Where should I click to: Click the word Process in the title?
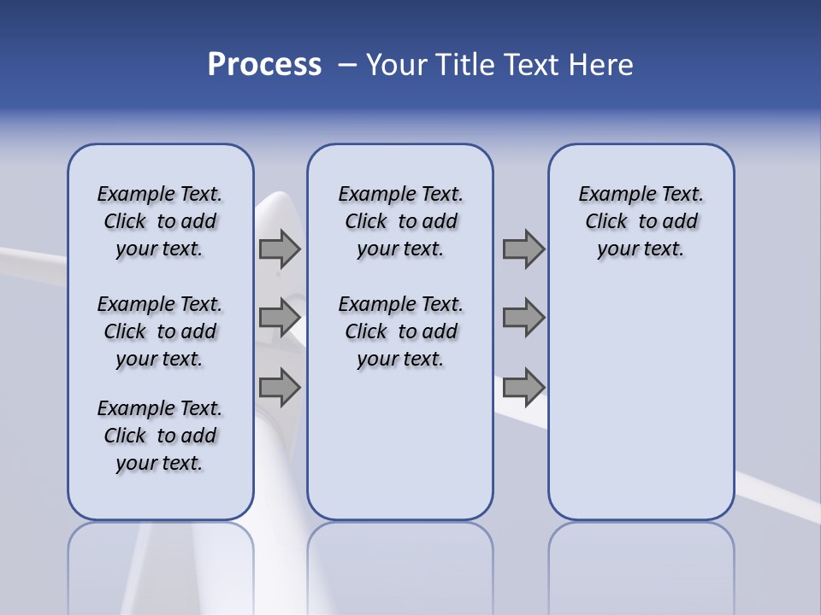[264, 64]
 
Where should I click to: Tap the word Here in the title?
[604, 65]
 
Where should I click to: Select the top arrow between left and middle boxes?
[280, 249]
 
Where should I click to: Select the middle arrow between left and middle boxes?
[280, 318]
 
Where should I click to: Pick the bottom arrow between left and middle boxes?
[280, 387]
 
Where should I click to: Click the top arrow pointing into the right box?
[523, 249]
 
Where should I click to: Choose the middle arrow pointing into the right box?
[523, 318]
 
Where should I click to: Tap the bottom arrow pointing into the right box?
[523, 387]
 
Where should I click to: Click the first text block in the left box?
[160, 221]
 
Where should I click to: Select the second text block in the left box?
[160, 331]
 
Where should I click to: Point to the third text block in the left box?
[160, 436]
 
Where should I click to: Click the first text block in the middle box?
[401, 221]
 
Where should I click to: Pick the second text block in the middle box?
[401, 331]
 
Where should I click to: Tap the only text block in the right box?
[641, 221]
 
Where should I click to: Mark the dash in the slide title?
[346, 65]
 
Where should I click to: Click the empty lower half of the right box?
[641, 410]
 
